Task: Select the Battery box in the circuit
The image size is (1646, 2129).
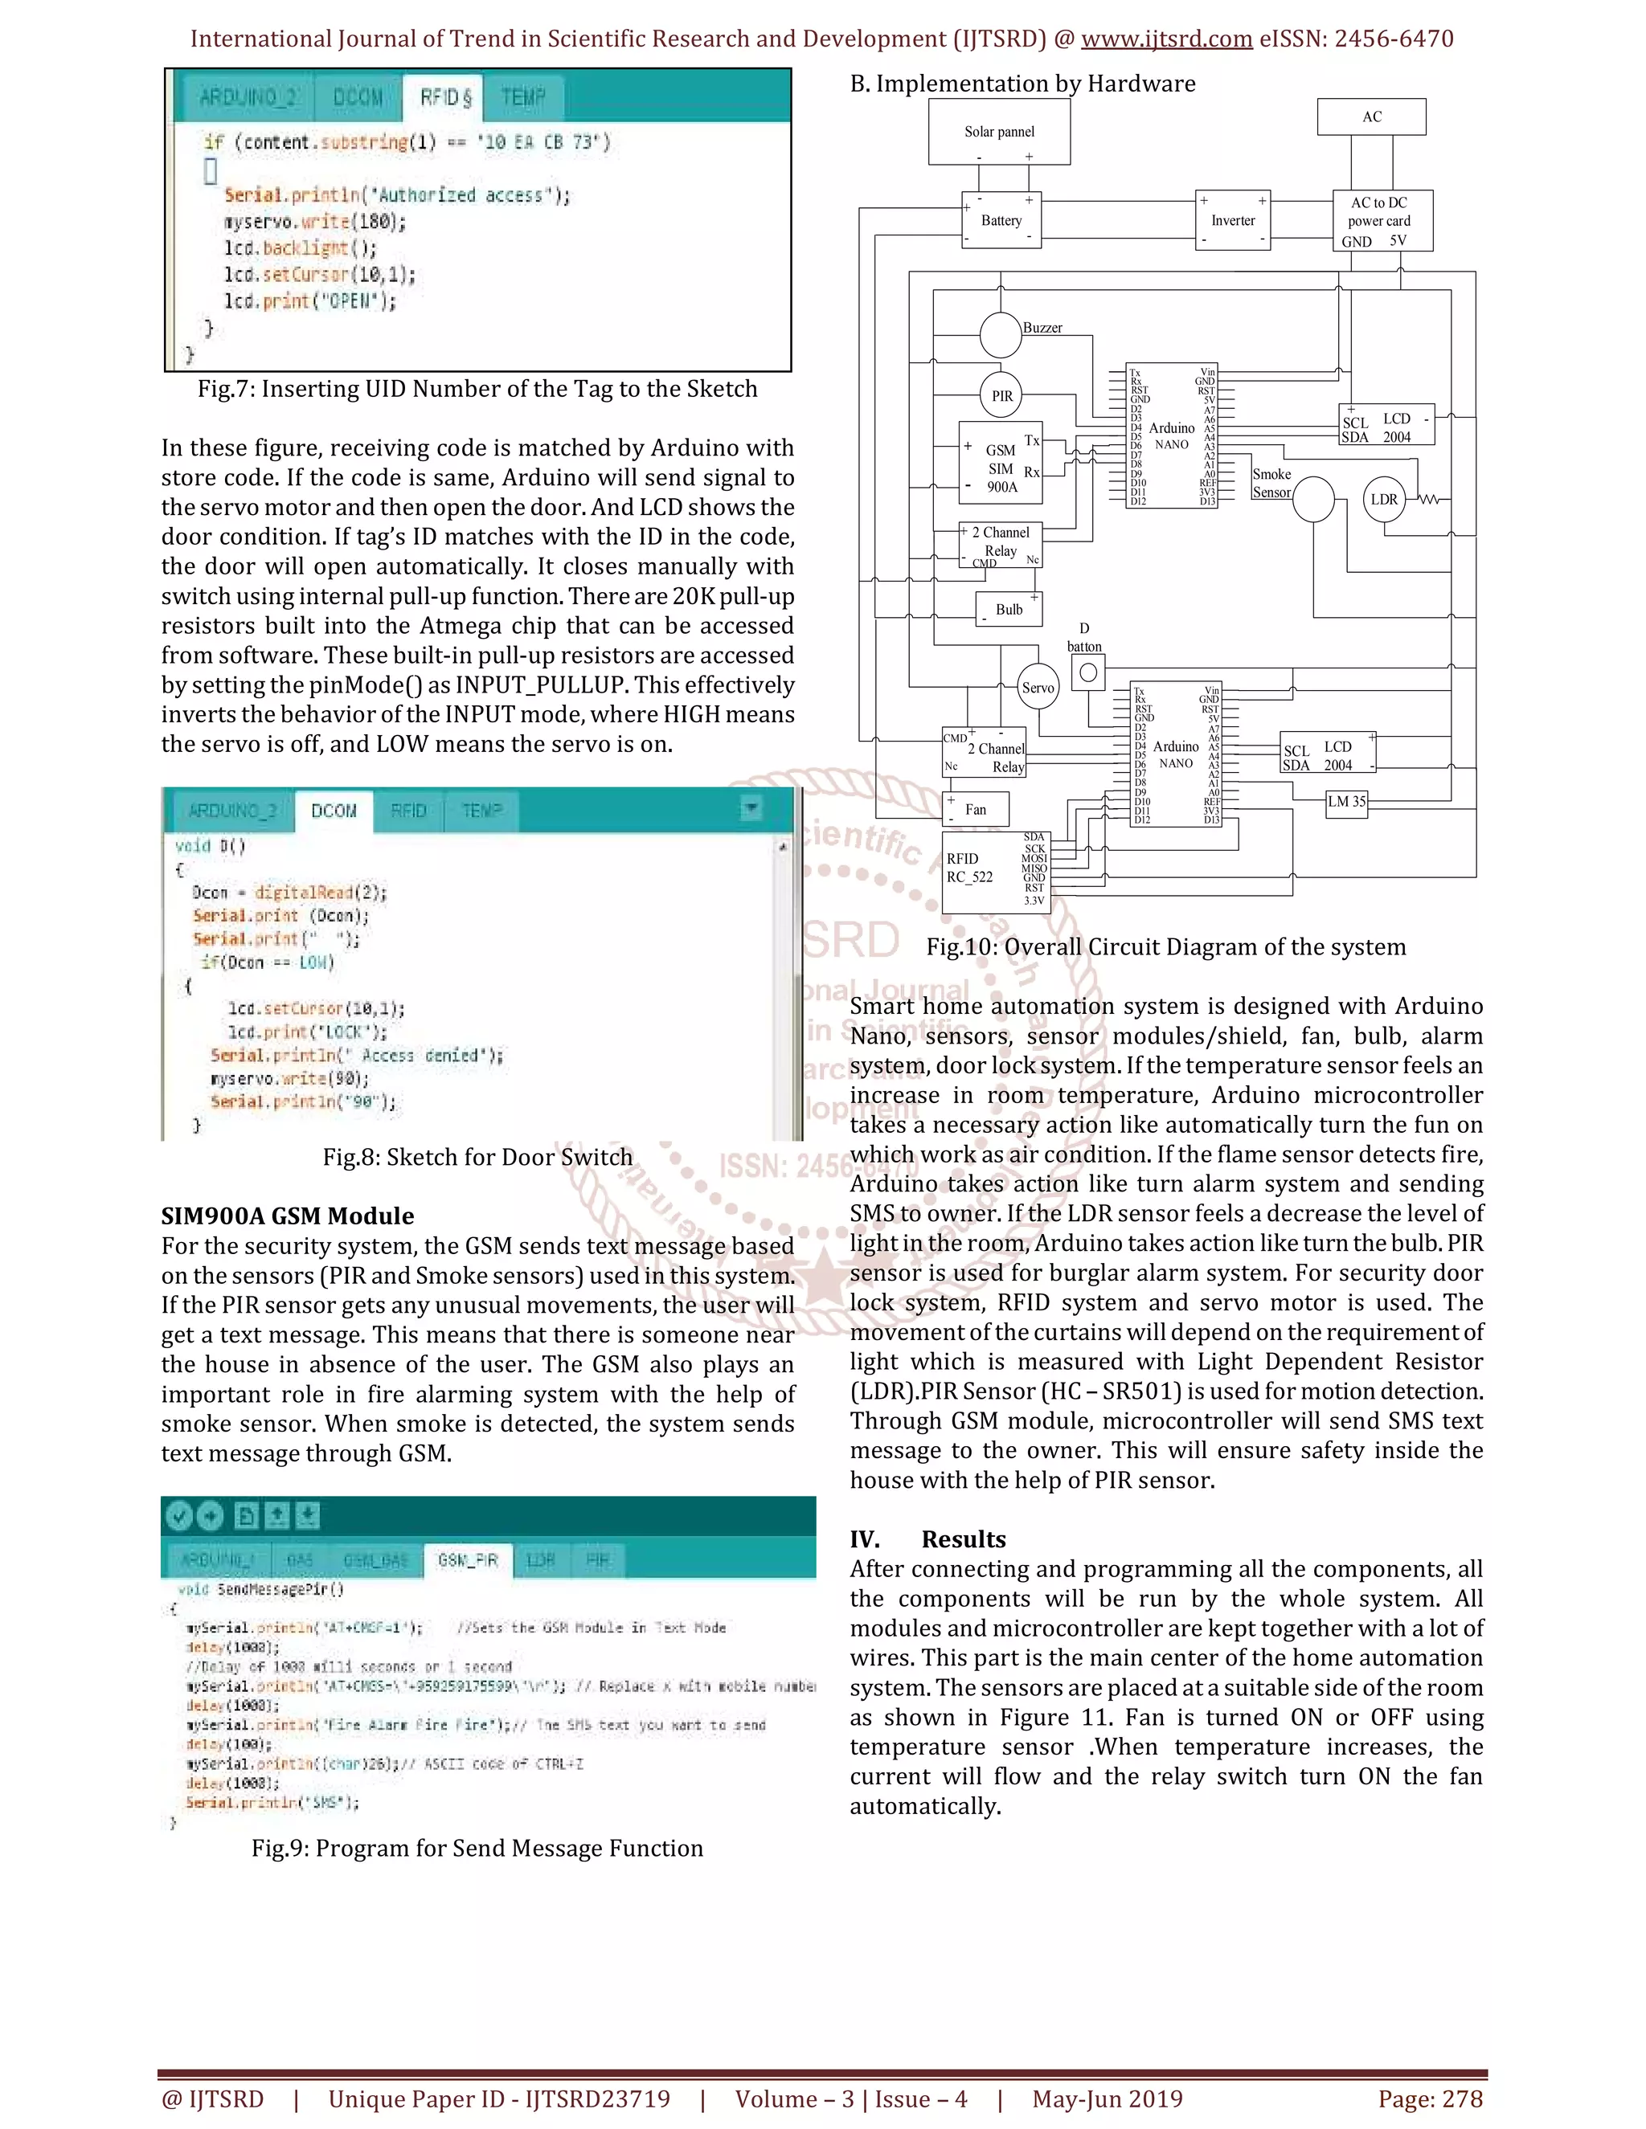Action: pyautogui.click(x=1001, y=220)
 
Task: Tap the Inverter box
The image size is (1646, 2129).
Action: pyautogui.click(x=1233, y=220)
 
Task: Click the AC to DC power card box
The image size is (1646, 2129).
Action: pyautogui.click(x=1382, y=220)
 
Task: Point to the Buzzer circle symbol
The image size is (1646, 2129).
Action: pyautogui.click(x=1000, y=334)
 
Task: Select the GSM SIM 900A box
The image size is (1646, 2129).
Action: pyautogui.click(x=1001, y=463)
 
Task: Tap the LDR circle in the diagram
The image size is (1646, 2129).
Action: pyautogui.click(x=1384, y=499)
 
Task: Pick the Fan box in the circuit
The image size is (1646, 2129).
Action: pyautogui.click(x=975, y=809)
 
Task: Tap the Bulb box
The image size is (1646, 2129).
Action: pyautogui.click(x=1009, y=609)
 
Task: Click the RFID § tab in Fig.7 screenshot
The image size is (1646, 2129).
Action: pyautogui.click(x=445, y=97)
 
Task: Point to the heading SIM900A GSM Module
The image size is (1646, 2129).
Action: pyautogui.click(x=288, y=1216)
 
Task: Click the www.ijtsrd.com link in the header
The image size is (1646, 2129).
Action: pyautogui.click(x=1166, y=39)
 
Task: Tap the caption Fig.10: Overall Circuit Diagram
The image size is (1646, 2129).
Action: pyautogui.click(x=1165, y=946)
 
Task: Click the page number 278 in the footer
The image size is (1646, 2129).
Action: pyautogui.click(x=1460, y=2098)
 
